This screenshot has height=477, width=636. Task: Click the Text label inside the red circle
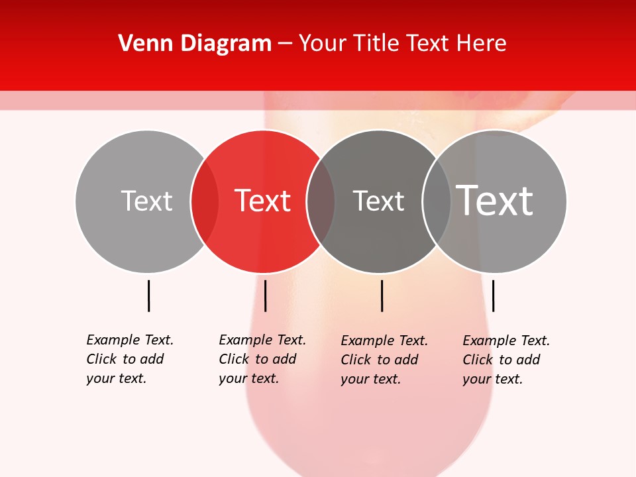[263, 201]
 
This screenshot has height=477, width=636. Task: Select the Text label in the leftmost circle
[146, 201]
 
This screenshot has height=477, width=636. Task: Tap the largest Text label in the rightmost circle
[495, 200]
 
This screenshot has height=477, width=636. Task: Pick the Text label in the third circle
[378, 201]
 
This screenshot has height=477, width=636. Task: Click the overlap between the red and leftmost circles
[205, 201]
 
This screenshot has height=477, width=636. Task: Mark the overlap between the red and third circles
[321, 201]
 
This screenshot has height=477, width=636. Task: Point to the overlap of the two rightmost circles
[437, 201]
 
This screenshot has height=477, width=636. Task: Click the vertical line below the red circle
[265, 295]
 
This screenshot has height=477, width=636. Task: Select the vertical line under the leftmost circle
[148, 295]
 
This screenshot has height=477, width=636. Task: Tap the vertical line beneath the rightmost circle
[493, 295]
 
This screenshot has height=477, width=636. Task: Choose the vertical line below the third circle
[382, 295]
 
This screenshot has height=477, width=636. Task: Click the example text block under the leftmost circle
[130, 359]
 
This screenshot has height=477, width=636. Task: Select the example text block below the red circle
[262, 359]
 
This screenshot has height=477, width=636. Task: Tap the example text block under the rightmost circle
[506, 360]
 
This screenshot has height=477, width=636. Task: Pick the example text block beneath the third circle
[384, 360]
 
